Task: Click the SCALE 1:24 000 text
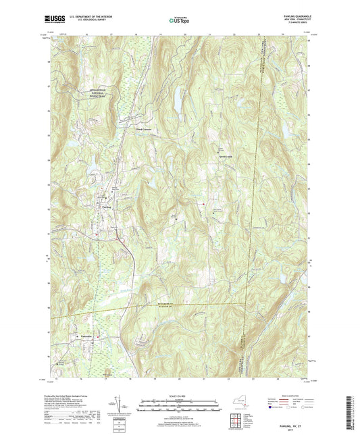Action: coord(180,395)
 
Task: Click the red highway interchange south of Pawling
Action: coord(120,240)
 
